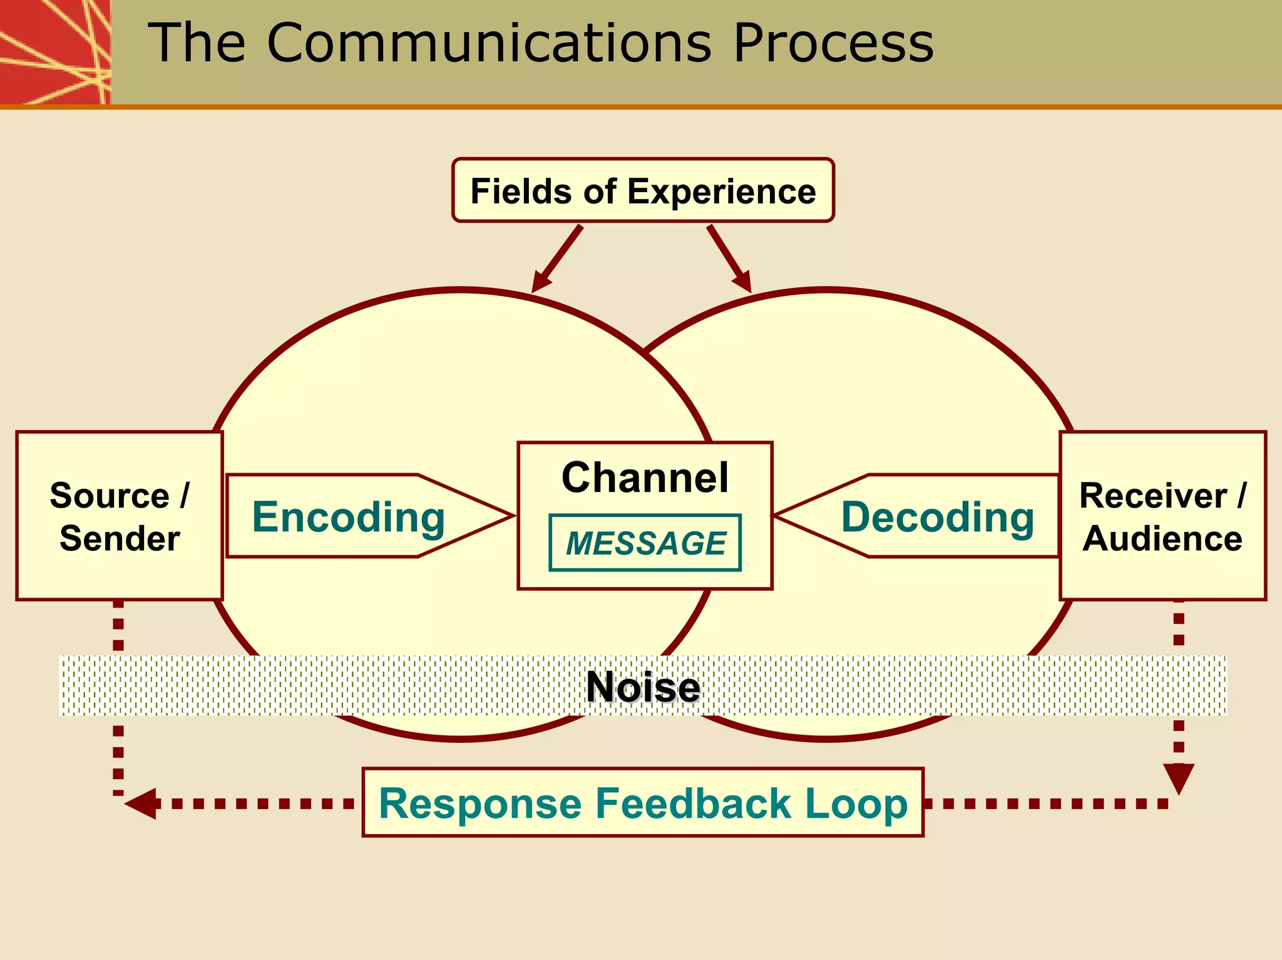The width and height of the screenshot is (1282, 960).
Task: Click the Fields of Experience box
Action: [643, 190]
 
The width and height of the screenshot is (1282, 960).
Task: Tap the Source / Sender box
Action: [119, 516]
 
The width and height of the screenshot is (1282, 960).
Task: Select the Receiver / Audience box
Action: [1162, 516]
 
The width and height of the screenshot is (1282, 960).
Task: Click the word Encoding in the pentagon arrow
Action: [348, 517]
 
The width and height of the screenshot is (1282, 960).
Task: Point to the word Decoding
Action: [937, 517]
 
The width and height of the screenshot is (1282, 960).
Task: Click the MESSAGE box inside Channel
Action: [645, 543]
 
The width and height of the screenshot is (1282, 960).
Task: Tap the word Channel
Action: [645, 477]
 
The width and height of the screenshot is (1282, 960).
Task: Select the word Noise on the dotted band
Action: [643, 687]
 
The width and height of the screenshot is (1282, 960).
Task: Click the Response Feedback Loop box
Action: [643, 802]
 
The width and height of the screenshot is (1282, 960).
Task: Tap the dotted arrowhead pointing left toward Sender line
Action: [141, 804]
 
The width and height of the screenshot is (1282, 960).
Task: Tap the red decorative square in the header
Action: [55, 51]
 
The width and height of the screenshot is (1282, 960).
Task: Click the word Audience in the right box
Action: [1162, 538]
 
